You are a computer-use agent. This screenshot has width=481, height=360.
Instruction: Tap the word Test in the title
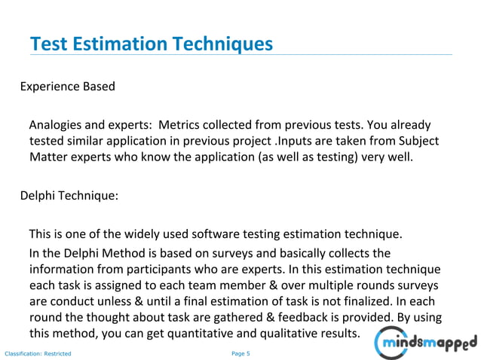47,44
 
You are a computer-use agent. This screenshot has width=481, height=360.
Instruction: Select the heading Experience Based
67,86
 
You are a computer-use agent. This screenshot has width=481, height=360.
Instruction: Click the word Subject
418,141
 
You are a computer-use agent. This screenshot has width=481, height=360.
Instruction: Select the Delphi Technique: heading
69,196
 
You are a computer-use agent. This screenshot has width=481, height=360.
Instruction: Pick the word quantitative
204,334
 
